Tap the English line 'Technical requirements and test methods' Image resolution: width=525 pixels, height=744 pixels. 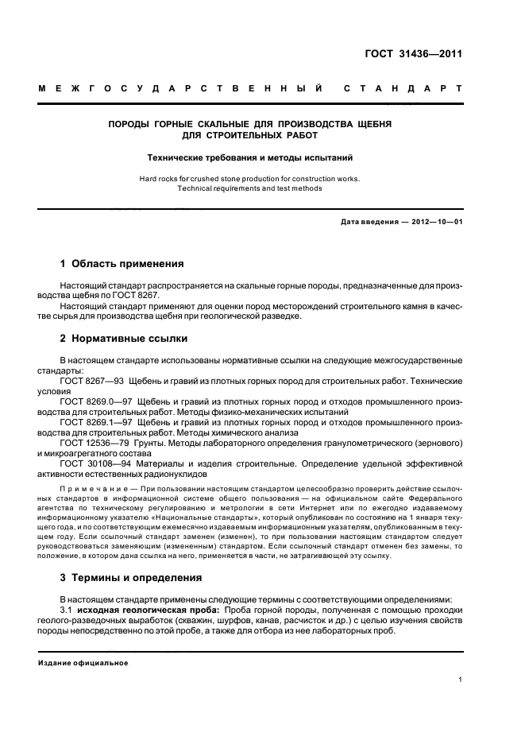click(x=250, y=188)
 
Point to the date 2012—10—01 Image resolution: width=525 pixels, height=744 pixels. click(x=436, y=222)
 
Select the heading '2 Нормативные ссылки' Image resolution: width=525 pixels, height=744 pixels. click(x=124, y=339)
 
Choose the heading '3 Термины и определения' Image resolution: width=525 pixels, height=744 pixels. click(x=131, y=578)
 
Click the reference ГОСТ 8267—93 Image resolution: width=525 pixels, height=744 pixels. click(x=87, y=382)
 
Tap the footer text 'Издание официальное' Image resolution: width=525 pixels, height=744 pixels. click(x=83, y=662)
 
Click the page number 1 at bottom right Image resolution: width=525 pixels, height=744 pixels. click(x=461, y=680)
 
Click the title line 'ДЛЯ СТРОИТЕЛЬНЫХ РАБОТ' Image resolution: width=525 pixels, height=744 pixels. click(x=250, y=136)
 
